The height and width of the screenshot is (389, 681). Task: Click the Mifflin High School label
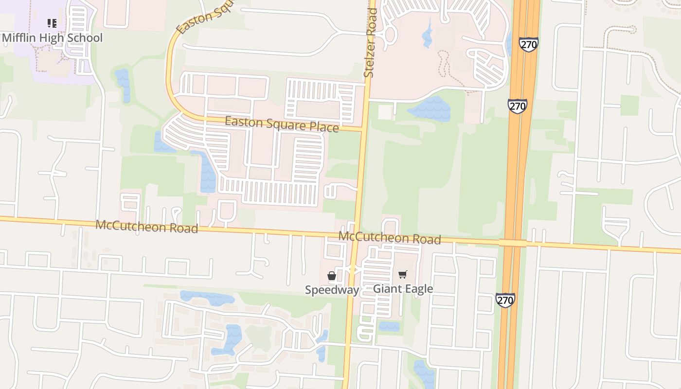point(52,37)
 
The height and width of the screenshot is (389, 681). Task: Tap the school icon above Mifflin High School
point(52,23)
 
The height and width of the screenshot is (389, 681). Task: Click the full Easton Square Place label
point(281,124)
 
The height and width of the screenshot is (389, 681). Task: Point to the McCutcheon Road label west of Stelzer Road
point(146,226)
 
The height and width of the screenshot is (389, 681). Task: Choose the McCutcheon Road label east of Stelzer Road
point(390,238)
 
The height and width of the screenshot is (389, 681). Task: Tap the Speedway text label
point(332,290)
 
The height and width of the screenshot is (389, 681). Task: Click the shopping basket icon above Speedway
point(332,276)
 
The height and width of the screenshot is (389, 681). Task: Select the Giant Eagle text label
point(403,289)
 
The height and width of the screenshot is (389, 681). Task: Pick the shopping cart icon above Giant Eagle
point(402,275)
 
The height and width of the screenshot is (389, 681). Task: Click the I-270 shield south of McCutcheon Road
point(505,300)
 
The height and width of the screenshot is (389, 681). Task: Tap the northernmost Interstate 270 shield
point(528,44)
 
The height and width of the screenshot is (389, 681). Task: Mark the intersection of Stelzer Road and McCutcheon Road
point(354,235)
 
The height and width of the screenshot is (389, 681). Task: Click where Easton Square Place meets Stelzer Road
point(363,130)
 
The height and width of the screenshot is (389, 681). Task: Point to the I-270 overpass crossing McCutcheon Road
point(512,243)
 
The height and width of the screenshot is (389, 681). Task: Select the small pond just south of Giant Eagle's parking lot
point(389,326)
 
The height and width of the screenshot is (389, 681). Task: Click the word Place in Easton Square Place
point(319,127)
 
